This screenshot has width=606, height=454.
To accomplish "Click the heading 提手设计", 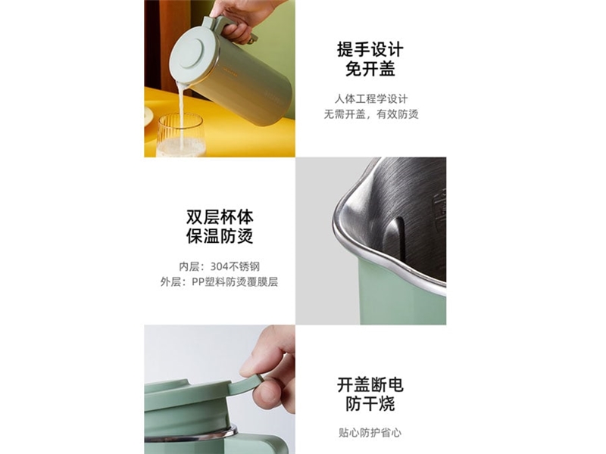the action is tap(370, 50).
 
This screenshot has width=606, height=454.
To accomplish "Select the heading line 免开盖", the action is tap(370, 70).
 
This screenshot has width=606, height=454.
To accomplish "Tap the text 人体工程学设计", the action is tap(371, 99).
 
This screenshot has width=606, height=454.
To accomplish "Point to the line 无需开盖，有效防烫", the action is tap(371, 114).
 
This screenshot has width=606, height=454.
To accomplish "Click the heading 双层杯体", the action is tap(220, 216).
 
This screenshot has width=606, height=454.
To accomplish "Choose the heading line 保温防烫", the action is tap(220, 236).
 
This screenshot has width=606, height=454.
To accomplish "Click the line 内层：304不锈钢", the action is tap(219, 267).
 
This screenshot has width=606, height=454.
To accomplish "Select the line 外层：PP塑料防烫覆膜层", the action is tap(219, 281).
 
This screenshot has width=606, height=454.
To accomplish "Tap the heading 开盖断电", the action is tap(370, 385).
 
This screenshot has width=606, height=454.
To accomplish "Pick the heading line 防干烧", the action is tap(370, 404).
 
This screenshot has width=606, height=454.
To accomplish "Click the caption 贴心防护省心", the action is tap(370, 433).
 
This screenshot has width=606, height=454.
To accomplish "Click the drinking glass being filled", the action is tap(180, 135).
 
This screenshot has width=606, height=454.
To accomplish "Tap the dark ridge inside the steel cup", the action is tap(394, 238).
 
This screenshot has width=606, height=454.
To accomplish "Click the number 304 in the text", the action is tap(219, 267).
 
